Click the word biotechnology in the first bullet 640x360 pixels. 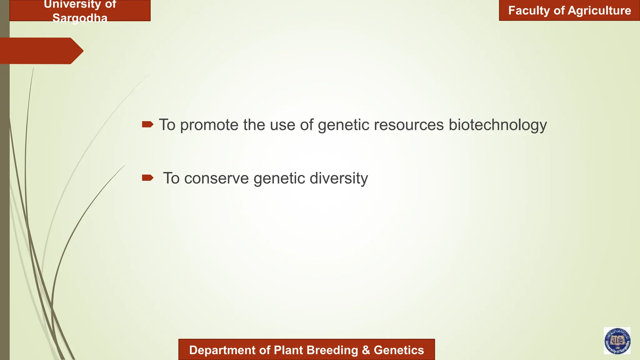pyautogui.click(x=497, y=125)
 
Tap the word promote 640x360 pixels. pyautogui.click(x=209, y=125)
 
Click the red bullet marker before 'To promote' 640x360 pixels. pyautogui.click(x=147, y=124)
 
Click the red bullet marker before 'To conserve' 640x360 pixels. pyautogui.click(x=147, y=178)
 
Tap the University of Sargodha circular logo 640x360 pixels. pyautogui.click(x=617, y=341)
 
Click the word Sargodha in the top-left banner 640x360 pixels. pyautogui.click(x=80, y=18)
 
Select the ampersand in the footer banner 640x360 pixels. pyautogui.click(x=366, y=350)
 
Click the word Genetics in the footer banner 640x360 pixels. pyautogui.click(x=399, y=350)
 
